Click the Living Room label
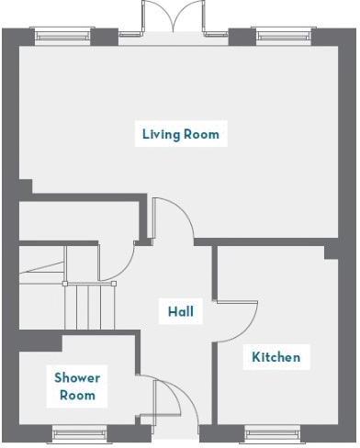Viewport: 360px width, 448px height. [x=181, y=134]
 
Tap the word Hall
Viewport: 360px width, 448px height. [x=180, y=311]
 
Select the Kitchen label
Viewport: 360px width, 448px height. [x=276, y=356]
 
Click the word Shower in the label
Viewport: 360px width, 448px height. [x=77, y=377]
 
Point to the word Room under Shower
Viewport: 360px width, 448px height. [x=77, y=396]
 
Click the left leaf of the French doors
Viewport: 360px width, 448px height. [x=157, y=16]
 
